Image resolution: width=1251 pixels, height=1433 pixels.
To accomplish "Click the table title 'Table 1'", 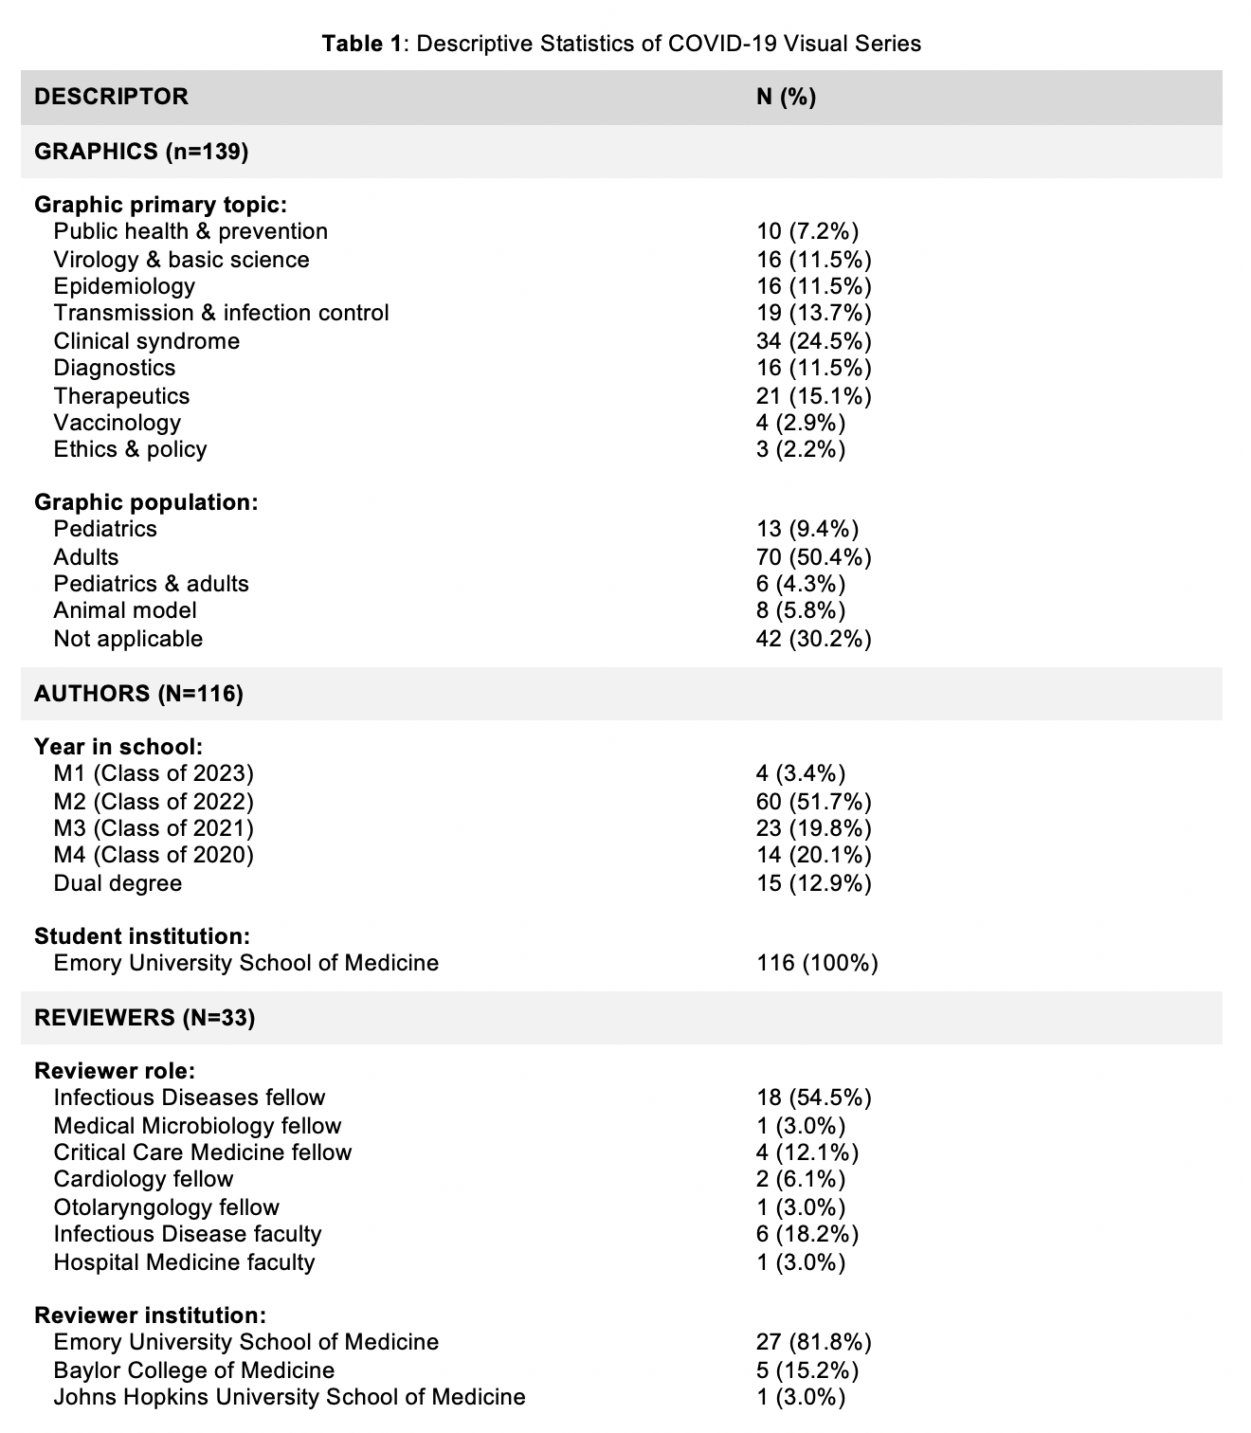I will tap(362, 44).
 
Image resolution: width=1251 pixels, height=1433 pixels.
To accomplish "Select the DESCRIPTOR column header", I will tap(111, 97).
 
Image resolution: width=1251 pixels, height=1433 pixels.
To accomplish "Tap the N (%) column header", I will tap(786, 97).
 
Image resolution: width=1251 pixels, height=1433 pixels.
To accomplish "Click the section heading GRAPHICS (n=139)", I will tap(141, 152).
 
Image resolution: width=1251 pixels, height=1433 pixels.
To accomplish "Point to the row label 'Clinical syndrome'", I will tap(146, 341).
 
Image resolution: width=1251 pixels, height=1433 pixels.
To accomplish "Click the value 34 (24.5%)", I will tap(813, 341).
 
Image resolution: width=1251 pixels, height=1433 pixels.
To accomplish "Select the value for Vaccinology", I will tap(800, 423).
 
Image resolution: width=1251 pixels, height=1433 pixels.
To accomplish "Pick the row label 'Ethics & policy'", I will tap(130, 449).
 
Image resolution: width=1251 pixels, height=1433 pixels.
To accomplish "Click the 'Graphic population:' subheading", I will tap(146, 502).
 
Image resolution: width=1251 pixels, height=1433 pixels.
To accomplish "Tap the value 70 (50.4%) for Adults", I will tap(813, 557).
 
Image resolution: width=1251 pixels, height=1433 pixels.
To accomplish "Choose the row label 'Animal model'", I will tap(125, 610).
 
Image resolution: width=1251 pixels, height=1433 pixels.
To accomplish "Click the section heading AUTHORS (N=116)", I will tap(138, 694).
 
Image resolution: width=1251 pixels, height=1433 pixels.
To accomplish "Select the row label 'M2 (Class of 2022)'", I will tap(154, 802).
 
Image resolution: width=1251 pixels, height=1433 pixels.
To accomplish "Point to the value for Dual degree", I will tap(813, 883).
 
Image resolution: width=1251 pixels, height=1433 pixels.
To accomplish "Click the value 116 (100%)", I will tap(817, 963).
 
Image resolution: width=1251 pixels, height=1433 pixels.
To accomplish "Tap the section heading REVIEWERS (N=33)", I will tap(144, 1018).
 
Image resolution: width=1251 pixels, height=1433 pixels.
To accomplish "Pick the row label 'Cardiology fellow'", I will tap(143, 1179).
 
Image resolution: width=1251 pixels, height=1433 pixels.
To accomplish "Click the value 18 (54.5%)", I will tap(813, 1097).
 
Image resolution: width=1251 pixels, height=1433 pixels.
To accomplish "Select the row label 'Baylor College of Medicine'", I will tap(193, 1370).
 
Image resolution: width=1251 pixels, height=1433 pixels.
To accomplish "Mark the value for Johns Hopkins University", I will tap(800, 1397).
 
